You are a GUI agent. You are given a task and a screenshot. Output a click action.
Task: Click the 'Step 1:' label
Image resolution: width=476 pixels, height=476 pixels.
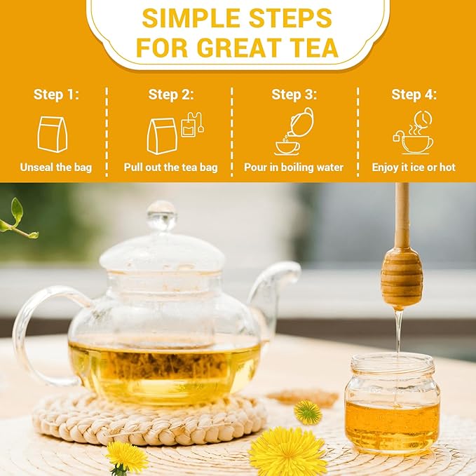(x=56, y=95)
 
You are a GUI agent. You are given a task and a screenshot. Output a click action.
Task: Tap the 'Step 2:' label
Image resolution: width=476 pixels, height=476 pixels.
(x=171, y=95)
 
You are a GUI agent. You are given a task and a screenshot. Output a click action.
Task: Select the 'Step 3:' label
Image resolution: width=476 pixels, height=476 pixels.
(x=294, y=95)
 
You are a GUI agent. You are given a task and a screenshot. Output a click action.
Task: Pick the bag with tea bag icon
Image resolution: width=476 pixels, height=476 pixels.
(x=171, y=132)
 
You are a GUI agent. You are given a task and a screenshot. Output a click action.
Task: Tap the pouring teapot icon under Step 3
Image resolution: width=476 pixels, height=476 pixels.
(x=294, y=131)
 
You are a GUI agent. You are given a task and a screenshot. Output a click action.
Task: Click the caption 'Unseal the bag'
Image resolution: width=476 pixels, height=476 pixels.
(x=56, y=168)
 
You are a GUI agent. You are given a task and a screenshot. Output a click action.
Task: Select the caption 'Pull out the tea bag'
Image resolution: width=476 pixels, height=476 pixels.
(x=170, y=168)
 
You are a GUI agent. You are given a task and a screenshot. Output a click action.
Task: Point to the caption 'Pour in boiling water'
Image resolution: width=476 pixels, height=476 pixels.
(x=294, y=168)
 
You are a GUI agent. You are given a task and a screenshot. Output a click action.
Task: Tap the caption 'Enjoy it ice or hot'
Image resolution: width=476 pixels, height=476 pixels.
(x=414, y=168)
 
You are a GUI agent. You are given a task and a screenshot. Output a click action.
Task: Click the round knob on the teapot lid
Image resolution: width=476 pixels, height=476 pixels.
(x=161, y=215)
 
